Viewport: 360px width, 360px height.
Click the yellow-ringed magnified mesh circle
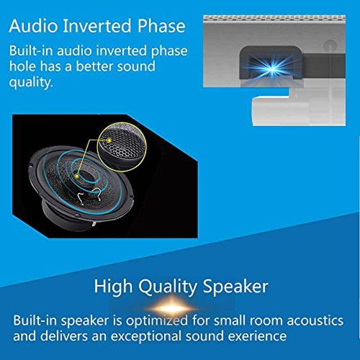pyautogui.click(x=121, y=148)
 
